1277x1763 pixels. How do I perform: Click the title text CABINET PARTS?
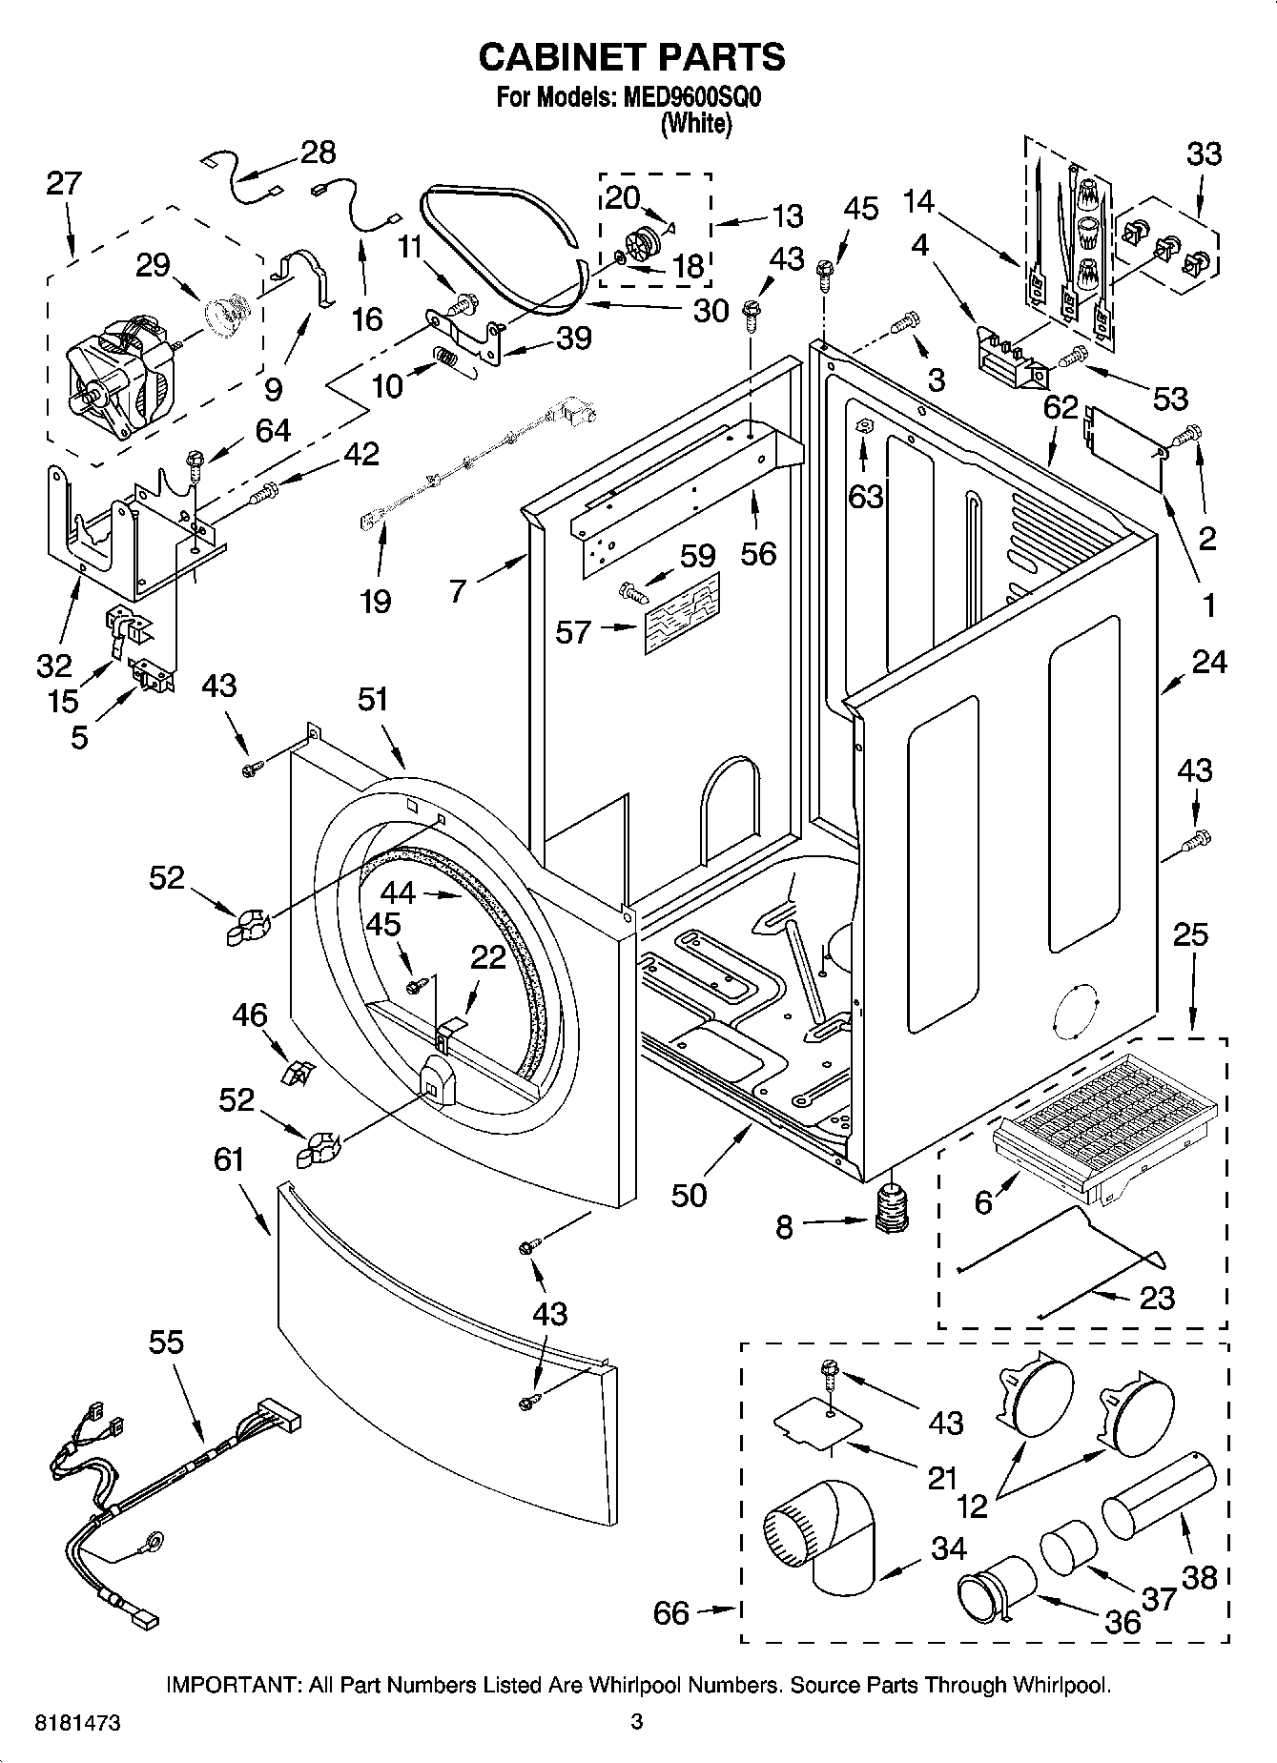click(x=631, y=57)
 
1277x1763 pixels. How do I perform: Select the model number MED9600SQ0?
click(x=693, y=97)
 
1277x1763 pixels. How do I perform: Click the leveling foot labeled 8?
click(x=893, y=1208)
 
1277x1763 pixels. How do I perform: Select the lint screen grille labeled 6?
click(x=1106, y=1123)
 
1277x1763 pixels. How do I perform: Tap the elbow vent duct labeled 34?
click(x=819, y=1536)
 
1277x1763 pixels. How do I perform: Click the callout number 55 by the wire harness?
click(x=166, y=1342)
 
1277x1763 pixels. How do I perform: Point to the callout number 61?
click(x=230, y=1159)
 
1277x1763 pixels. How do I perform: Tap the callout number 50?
click(x=689, y=1194)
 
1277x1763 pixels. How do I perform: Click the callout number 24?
click(x=1209, y=661)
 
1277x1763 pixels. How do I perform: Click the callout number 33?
click(x=1204, y=154)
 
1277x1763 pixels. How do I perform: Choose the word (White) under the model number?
click(x=696, y=124)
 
